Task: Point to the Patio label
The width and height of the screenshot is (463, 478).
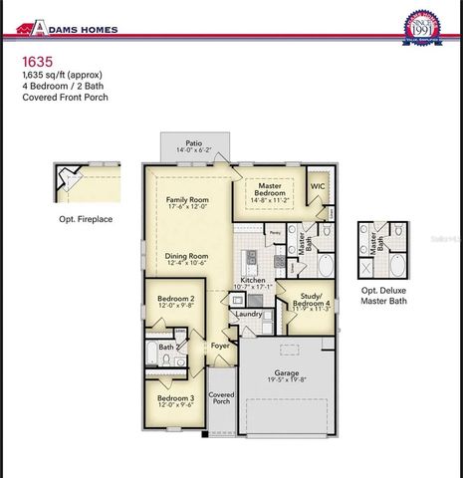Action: pyautogui.click(x=193, y=142)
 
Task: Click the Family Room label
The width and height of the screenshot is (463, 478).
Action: pyautogui.click(x=186, y=200)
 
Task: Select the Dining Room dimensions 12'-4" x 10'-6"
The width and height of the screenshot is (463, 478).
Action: pyautogui.click(x=185, y=264)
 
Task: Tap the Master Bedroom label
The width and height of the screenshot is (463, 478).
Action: pyautogui.click(x=268, y=189)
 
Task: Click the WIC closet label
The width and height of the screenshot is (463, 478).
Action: pyautogui.click(x=318, y=186)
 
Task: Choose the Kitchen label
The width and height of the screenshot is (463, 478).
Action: pyautogui.click(x=253, y=281)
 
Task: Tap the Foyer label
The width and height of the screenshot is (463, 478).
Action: pyautogui.click(x=220, y=346)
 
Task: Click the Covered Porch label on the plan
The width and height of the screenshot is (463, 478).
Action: pyautogui.click(x=221, y=396)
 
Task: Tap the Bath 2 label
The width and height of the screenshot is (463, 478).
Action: pyautogui.click(x=169, y=348)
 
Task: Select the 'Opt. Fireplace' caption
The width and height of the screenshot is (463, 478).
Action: pyautogui.click(x=87, y=218)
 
